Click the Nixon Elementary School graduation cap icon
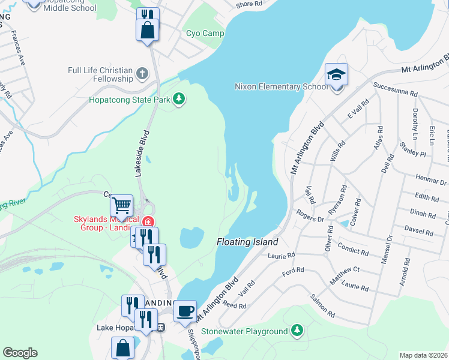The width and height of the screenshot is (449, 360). coord(337,76)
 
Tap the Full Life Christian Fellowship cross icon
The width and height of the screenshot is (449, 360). coord(142,74)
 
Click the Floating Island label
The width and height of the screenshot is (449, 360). coord(247,242)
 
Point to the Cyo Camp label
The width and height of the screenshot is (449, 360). coord(205,34)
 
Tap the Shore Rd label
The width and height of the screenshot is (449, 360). coord(249,4)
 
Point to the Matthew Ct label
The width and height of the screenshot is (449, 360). coord(343,272)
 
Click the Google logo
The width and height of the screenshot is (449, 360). coord(20,353)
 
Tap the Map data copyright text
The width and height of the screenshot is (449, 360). coord(424,355)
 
